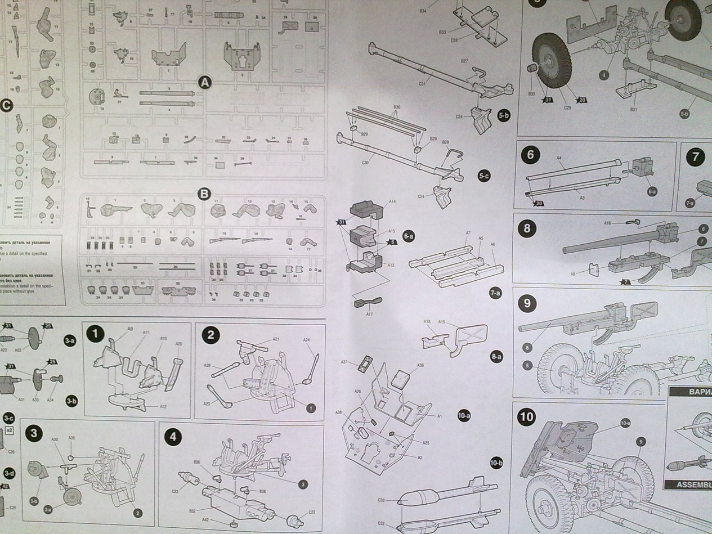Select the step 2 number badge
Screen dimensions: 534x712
pyautogui.click(x=210, y=335)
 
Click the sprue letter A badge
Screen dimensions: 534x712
pyautogui.click(x=205, y=83)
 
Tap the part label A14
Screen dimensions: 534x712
pyautogui.click(x=392, y=201)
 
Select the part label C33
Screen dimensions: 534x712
pyautogui.click(x=381, y=500)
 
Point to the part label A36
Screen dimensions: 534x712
pyautogui.click(x=420, y=365)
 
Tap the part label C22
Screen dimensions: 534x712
pyautogui.click(x=312, y=512)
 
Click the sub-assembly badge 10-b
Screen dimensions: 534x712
pyautogui.click(x=496, y=463)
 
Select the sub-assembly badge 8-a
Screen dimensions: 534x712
pyautogui.click(x=496, y=356)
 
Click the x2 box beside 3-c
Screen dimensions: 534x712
pyautogui.click(x=9, y=430)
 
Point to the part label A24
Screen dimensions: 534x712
pyautogui.click(x=307, y=340)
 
